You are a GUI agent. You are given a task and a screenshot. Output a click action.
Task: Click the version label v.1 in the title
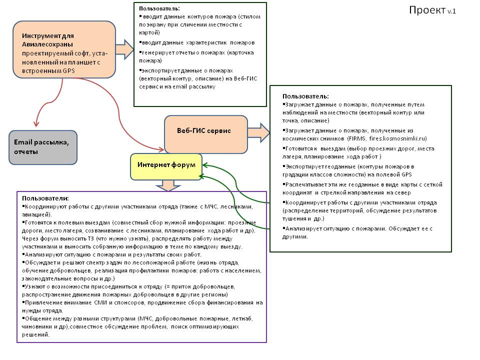451,11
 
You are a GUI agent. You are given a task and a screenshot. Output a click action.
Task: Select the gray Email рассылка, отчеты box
43,147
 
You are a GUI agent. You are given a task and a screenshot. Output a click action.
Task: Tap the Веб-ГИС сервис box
205,134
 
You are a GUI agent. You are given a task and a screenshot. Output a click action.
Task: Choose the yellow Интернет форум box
165,166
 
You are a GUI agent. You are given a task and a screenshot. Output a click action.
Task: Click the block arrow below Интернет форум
167,185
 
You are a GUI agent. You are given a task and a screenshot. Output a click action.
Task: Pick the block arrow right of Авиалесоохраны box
125,50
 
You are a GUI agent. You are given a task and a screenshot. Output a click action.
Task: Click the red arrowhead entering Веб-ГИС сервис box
160,148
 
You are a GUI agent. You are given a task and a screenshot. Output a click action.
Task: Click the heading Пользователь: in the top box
159,8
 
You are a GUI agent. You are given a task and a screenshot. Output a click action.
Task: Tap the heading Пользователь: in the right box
305,95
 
